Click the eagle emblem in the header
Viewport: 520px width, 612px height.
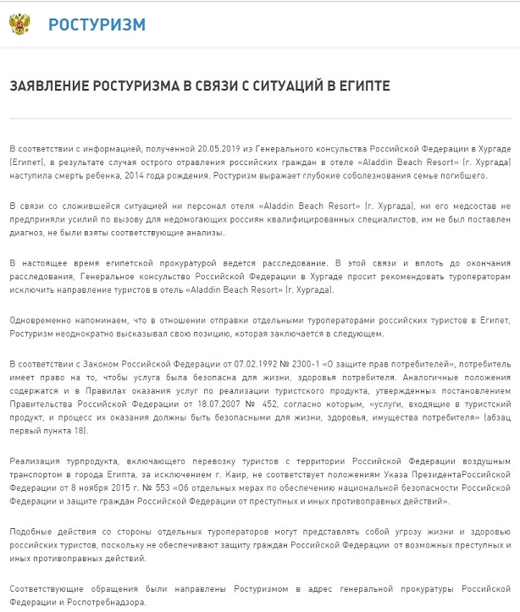(19, 24)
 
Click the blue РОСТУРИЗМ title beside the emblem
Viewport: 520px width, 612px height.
(97, 24)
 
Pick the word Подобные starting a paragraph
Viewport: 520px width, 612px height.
(32, 533)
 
